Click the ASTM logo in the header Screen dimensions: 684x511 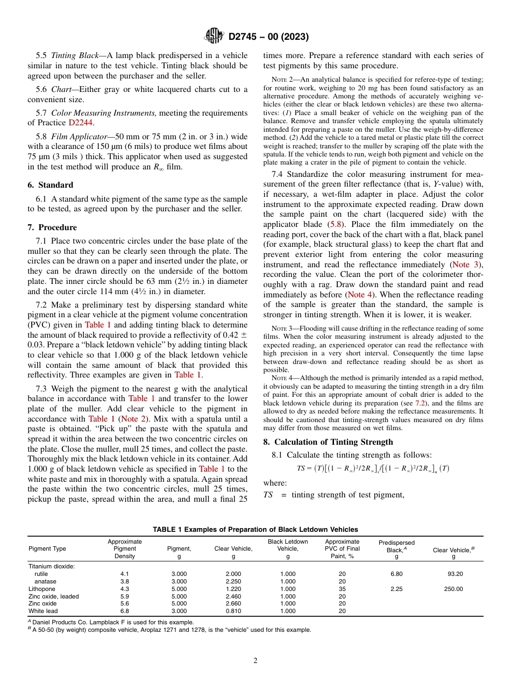pos(214,37)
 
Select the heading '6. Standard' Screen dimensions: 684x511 pos(50,185)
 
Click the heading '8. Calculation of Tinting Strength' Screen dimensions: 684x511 pos(328,442)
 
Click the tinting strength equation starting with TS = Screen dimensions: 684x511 pos(373,468)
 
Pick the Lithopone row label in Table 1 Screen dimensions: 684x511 pos(41,589)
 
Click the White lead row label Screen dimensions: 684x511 pos(43,611)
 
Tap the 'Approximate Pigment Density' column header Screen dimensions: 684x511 pos(125,548)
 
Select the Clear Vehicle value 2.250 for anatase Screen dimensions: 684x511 pos(233,581)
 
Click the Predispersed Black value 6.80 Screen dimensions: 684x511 pos(396,574)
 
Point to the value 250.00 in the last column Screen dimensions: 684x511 pos(453,589)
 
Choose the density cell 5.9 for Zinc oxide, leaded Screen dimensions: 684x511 pos(125,596)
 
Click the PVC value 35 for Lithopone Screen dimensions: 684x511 pos(342,589)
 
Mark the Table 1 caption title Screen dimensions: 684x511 pos(255,530)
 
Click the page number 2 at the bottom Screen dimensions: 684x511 pos(256,661)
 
